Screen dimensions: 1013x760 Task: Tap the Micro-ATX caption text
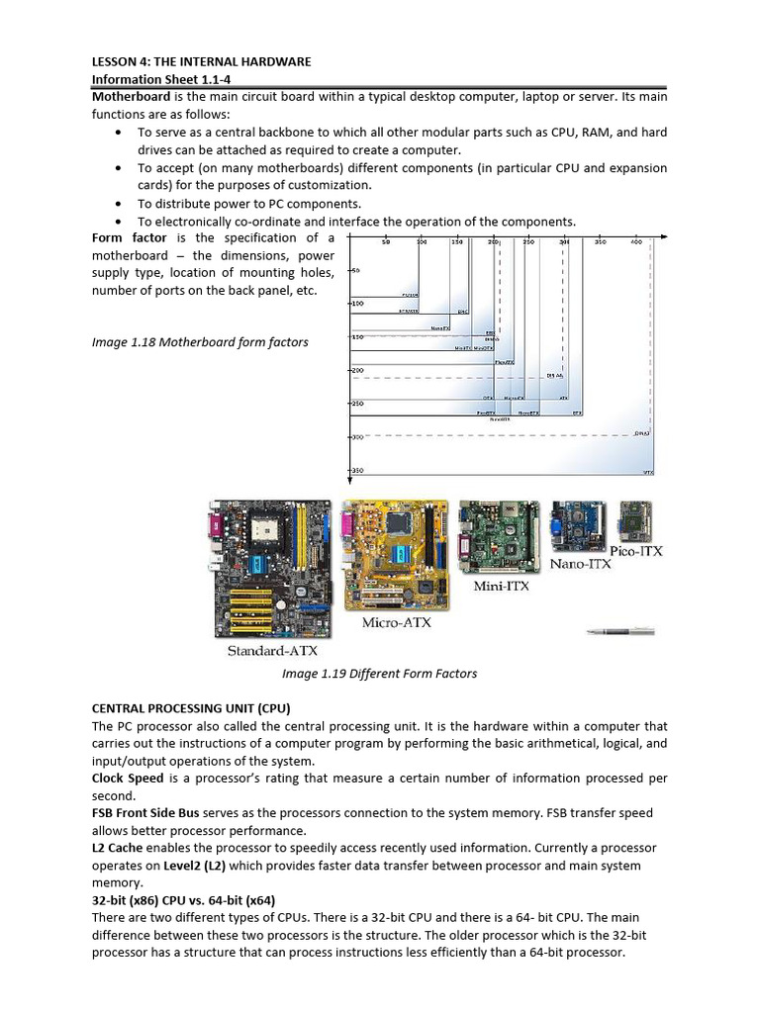396,623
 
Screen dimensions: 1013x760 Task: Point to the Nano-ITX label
580,564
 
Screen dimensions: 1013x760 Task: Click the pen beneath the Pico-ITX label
620,630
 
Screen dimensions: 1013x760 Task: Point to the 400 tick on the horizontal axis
635,241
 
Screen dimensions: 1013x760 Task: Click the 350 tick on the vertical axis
357,470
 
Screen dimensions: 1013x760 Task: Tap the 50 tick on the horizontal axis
386,241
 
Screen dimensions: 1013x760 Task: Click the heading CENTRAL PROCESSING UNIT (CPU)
192,708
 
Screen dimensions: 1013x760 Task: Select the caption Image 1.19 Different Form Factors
379,674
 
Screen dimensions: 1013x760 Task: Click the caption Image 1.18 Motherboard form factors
200,342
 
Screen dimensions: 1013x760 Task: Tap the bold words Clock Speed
128,779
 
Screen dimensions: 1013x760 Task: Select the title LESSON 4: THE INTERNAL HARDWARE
201,61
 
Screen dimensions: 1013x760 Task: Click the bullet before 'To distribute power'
120,203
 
